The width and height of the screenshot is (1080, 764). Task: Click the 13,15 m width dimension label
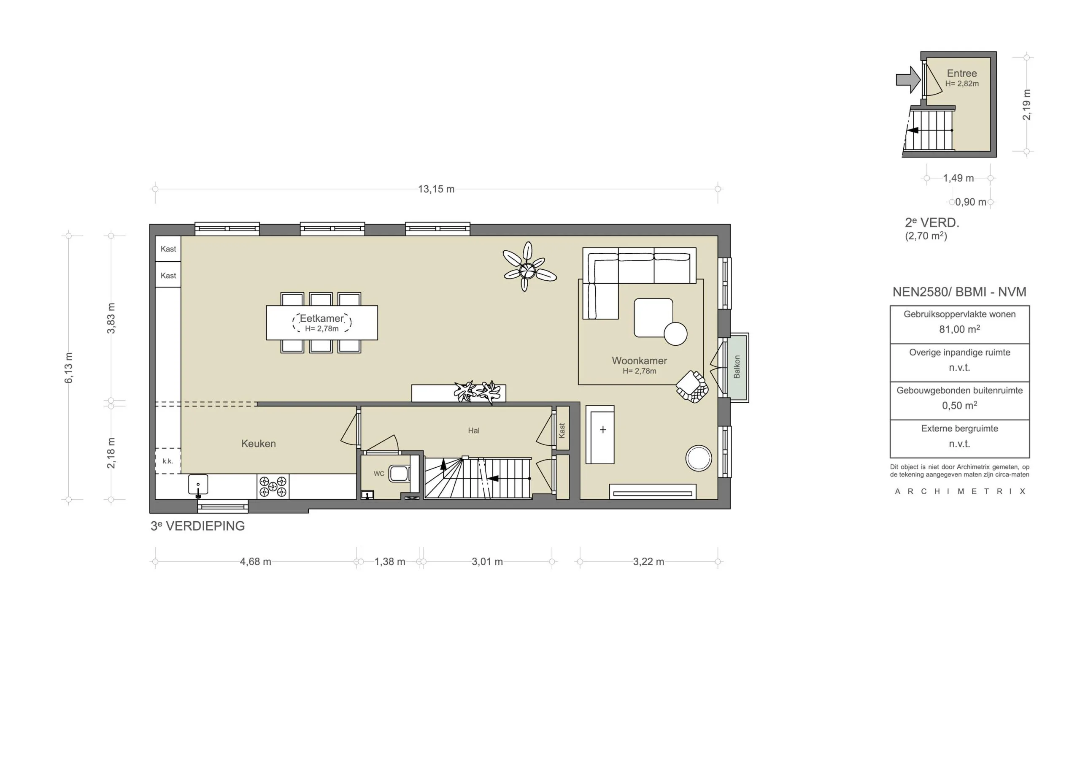(436, 189)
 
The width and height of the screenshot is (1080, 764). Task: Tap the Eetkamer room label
(322, 319)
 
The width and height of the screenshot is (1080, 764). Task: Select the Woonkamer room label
(639, 361)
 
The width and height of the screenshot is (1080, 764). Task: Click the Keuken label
(258, 444)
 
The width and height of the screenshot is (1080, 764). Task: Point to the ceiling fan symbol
(528, 270)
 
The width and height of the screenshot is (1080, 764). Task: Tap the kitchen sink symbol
(198, 485)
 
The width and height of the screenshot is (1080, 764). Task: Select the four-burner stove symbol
(273, 487)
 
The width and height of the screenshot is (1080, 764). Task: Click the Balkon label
(737, 367)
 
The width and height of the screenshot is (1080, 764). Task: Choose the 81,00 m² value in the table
(959, 330)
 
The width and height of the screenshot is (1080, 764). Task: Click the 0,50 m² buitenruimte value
(959, 406)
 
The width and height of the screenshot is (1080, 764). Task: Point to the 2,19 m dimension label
(1027, 105)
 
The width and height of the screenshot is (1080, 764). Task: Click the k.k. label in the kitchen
(168, 461)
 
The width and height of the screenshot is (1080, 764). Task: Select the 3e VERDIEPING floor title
(197, 526)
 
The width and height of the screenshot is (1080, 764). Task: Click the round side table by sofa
(675, 334)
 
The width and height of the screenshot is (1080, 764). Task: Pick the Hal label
(474, 431)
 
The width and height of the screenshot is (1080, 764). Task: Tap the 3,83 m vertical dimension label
(111, 319)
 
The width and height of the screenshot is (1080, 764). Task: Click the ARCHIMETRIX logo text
(960, 491)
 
